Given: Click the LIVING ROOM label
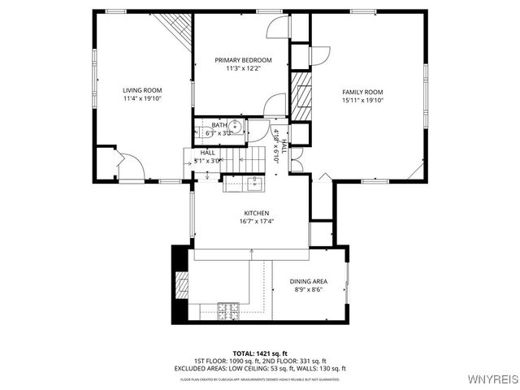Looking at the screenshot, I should pos(142,90).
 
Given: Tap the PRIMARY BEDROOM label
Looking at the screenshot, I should pos(243,60).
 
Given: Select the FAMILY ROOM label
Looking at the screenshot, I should pos(362,92).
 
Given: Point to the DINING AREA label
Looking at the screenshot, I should pos(308,281).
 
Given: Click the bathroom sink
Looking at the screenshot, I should pos(235,126).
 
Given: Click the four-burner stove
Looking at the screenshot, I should pos(227,310).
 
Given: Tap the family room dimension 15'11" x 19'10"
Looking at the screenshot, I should pos(362,101).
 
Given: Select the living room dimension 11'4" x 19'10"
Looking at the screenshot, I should pos(142,99).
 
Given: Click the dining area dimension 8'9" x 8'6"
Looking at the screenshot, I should pos(308,290).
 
